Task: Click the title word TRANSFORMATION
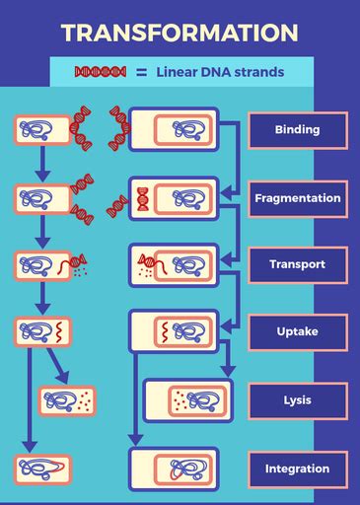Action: [180, 32]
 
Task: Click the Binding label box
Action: [297, 130]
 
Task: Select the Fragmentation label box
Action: [297, 198]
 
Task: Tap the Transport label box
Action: [297, 265]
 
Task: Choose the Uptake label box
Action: [297, 332]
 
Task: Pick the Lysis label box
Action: [297, 400]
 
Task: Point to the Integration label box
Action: [297, 469]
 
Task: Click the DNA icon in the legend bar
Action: [101, 72]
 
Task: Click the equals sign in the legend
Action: [141, 72]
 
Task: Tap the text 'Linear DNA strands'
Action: [220, 72]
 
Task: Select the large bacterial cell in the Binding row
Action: [174, 129]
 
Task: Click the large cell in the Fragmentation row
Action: [174, 198]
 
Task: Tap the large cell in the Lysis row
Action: [187, 400]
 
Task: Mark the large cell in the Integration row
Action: [174, 469]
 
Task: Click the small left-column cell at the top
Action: [41, 129]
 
